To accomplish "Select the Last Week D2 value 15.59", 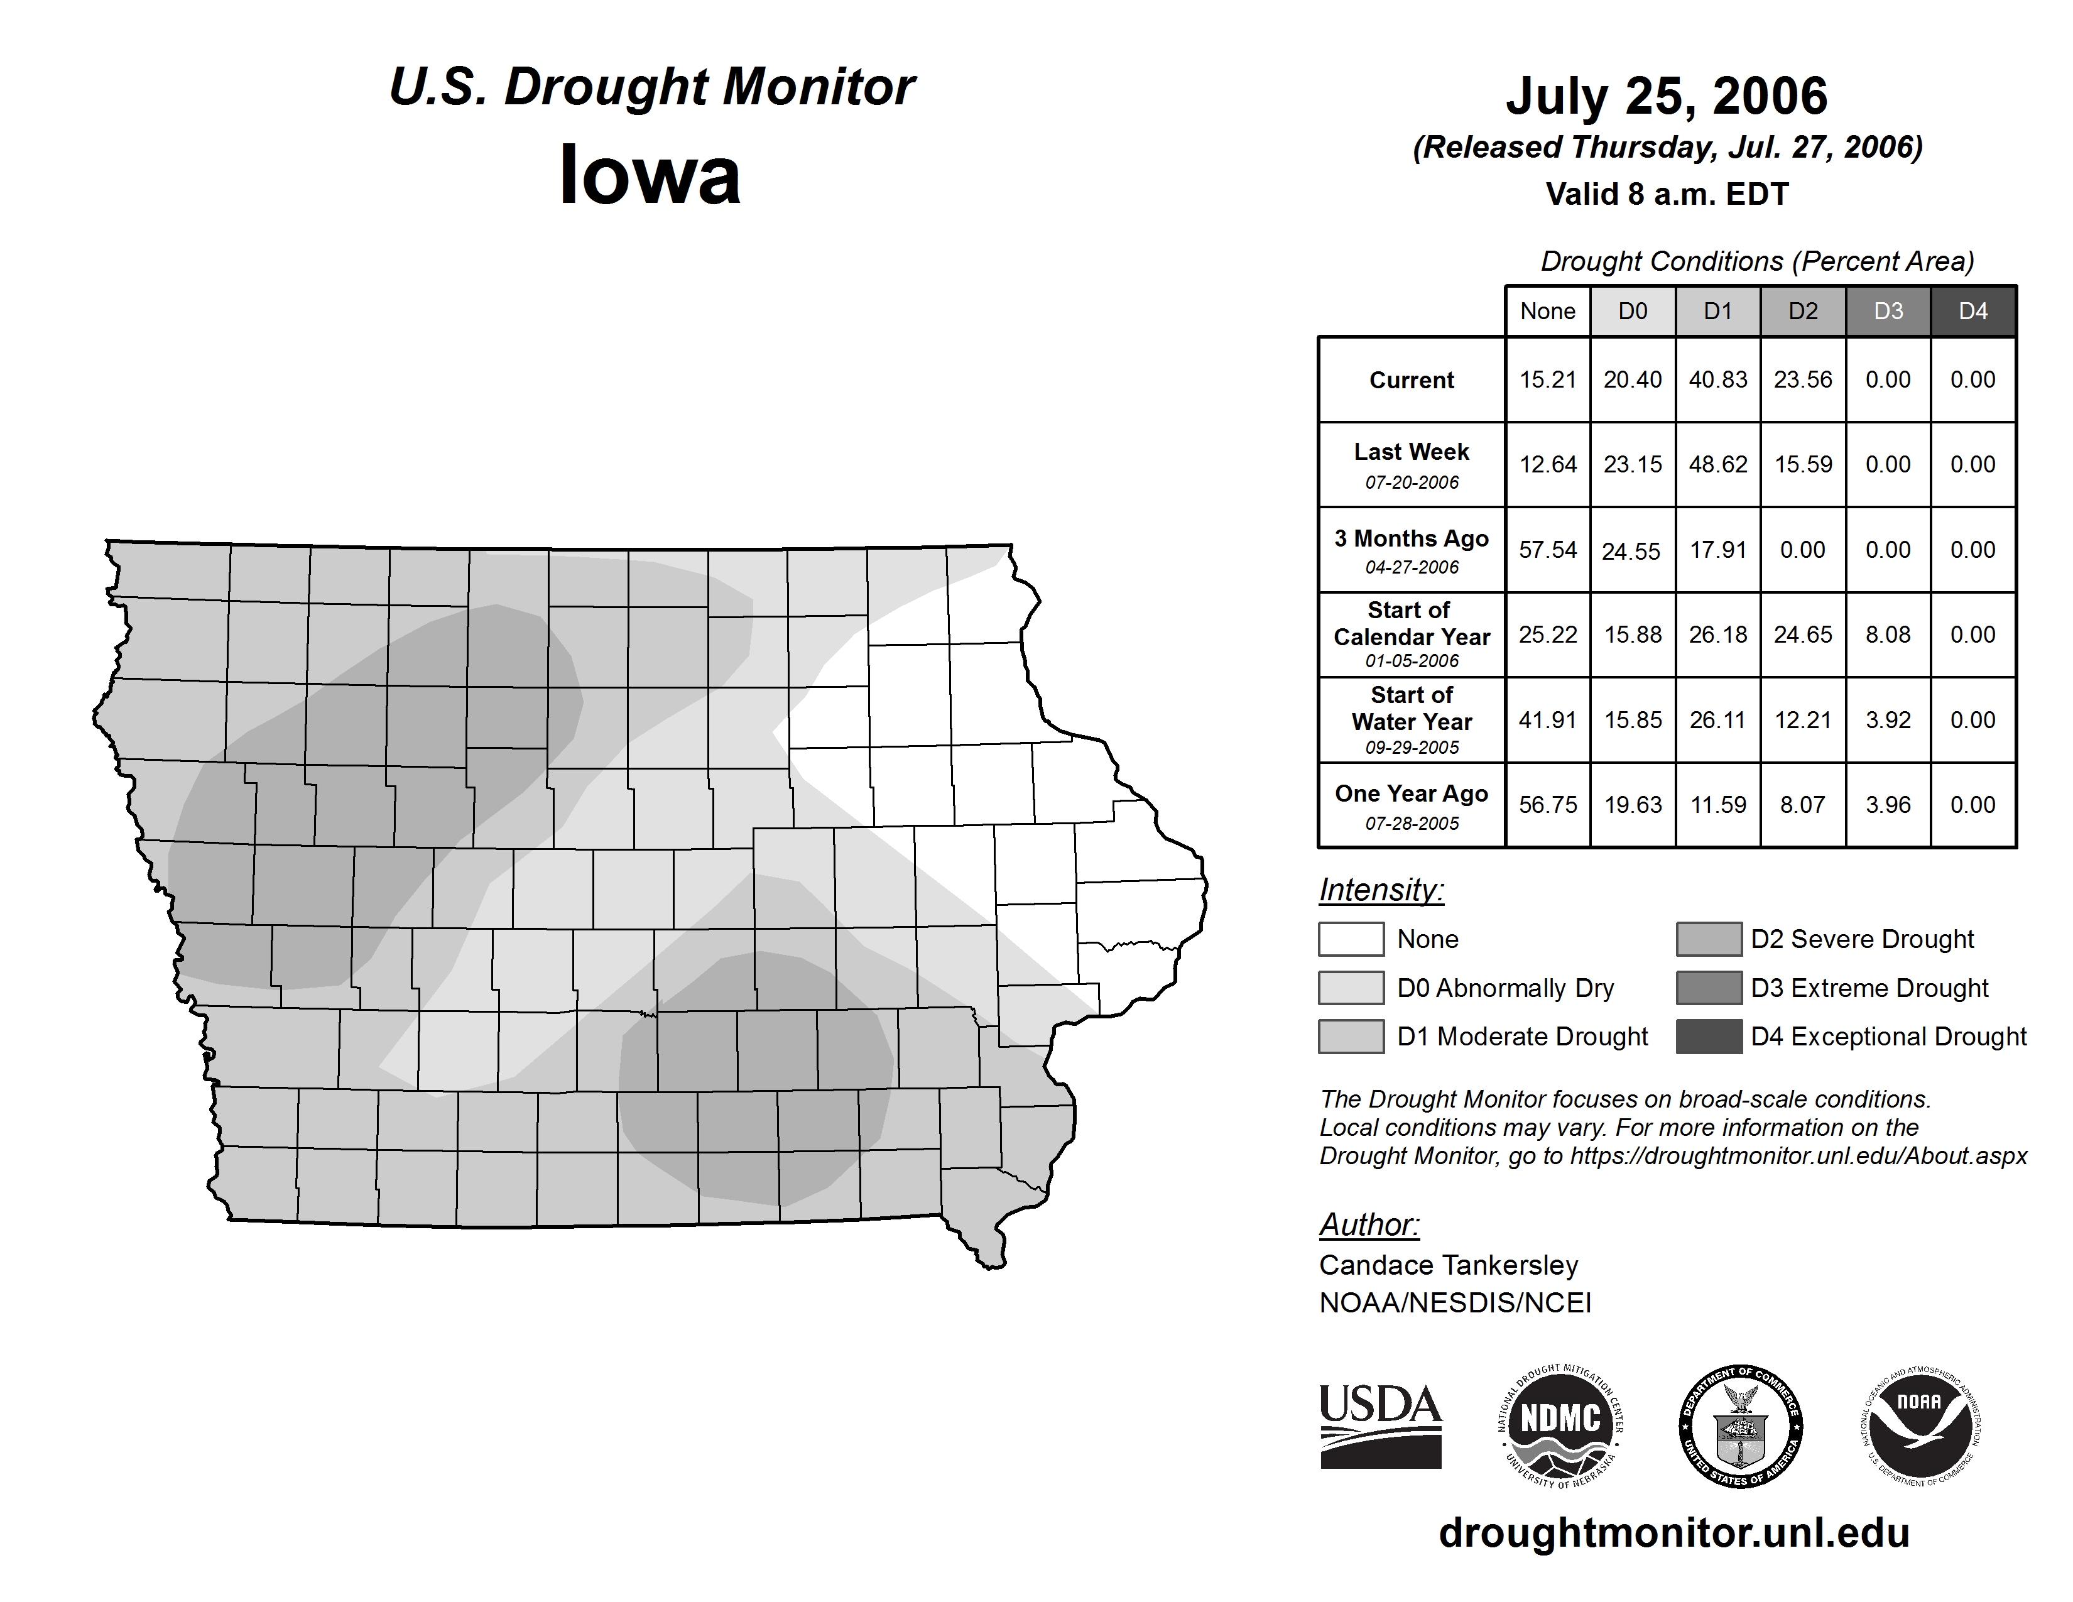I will pos(1802,465).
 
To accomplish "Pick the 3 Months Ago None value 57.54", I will pos(1547,550).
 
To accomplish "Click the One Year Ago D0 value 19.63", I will pos(1633,805).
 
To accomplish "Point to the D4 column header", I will pos(1972,311).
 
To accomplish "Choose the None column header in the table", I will pos(1547,311).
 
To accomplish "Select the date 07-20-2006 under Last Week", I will pos(1412,482).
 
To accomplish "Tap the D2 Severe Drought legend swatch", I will pos(1709,939).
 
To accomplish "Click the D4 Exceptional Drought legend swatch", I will pos(1709,1037).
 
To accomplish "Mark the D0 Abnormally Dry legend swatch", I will pos(1351,988).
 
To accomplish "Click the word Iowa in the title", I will pos(650,175).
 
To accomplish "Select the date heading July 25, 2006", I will pos(1666,96).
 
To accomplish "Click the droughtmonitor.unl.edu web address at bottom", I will pos(1673,1533).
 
